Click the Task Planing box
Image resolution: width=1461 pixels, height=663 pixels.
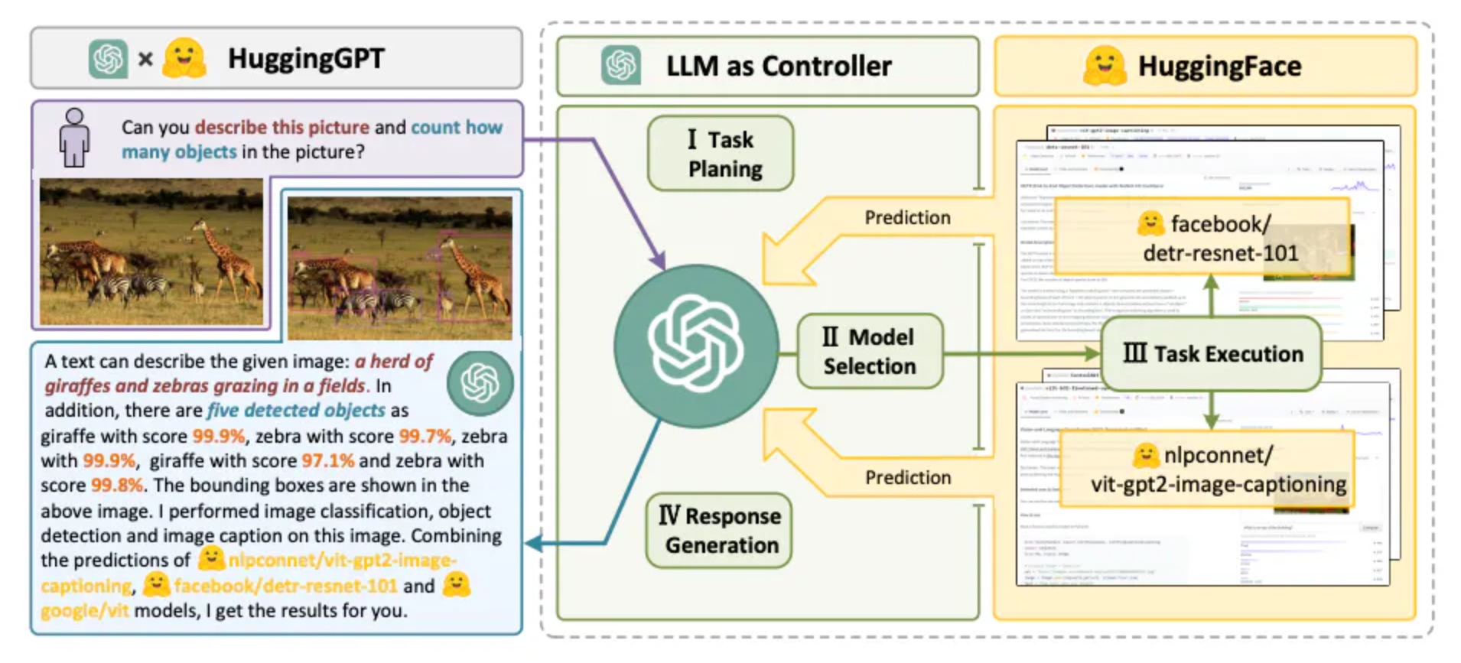coord(721,154)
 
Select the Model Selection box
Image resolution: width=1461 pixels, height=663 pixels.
coord(870,351)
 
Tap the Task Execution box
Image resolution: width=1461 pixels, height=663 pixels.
coord(1211,354)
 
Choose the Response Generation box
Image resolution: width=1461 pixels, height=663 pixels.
coord(719,530)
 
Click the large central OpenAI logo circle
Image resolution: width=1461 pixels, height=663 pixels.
coord(695,345)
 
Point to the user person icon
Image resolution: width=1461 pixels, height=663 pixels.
coord(74,138)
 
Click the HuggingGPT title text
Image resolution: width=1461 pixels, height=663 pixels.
coord(306,59)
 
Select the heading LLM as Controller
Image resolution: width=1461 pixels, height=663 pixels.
coord(778,67)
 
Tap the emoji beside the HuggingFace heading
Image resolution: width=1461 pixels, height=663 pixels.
coord(1104,66)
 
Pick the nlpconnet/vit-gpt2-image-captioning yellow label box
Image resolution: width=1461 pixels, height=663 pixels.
coord(1206,470)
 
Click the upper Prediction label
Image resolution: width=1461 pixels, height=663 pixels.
coord(907,218)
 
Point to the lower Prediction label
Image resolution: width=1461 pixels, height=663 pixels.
coord(908,478)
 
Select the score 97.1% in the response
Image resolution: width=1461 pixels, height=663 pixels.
coord(328,461)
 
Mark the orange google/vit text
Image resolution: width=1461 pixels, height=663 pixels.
coord(85,611)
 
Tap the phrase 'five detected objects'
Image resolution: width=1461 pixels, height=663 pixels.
coord(296,411)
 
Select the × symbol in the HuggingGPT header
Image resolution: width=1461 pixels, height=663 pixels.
coord(145,59)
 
